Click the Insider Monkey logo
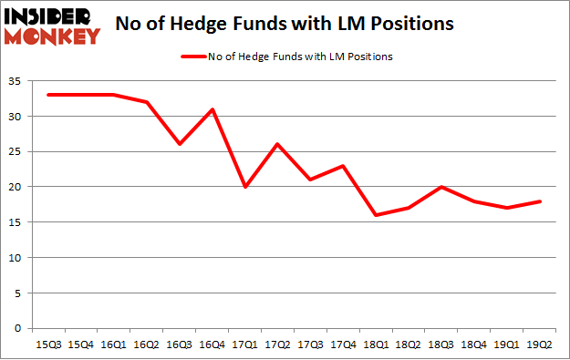point(51,26)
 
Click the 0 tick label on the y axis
point(18,328)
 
